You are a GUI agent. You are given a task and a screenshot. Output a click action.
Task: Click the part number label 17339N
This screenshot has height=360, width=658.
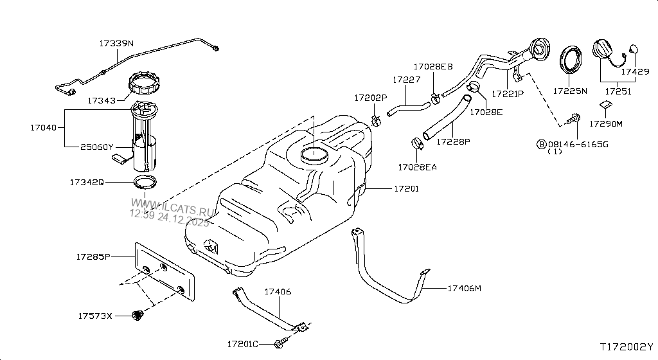(x=116, y=44)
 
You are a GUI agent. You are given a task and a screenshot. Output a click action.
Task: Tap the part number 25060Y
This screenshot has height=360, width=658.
(x=98, y=147)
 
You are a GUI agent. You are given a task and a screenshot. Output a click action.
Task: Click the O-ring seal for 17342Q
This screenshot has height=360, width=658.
(x=145, y=182)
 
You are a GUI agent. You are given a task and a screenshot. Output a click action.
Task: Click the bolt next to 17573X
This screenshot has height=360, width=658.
(x=136, y=315)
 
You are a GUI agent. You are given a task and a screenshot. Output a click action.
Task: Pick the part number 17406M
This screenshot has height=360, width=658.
(x=464, y=289)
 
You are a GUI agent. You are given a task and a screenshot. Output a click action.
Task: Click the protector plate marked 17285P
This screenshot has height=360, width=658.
(x=164, y=270)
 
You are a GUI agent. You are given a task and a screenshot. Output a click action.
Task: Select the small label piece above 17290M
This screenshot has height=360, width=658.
(x=606, y=105)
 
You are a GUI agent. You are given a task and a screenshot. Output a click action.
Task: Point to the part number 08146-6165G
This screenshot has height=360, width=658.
(x=576, y=144)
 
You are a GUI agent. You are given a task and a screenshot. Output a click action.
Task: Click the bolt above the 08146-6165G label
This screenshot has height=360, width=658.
(x=574, y=118)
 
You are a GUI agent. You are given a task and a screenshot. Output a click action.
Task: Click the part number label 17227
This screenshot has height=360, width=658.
(x=407, y=80)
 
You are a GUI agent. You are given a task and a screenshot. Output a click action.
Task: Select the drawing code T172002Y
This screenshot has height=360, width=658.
(x=627, y=346)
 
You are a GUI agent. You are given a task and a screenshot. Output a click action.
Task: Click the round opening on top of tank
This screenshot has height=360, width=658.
(x=314, y=154)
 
